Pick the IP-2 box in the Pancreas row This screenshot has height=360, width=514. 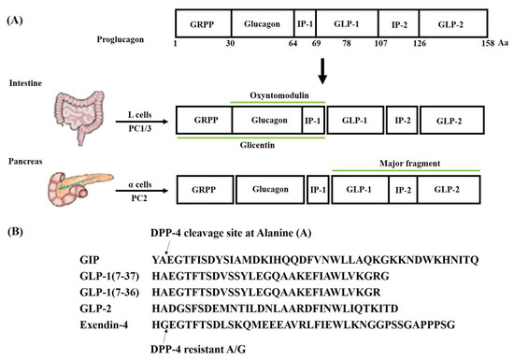pyautogui.click(x=403, y=190)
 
